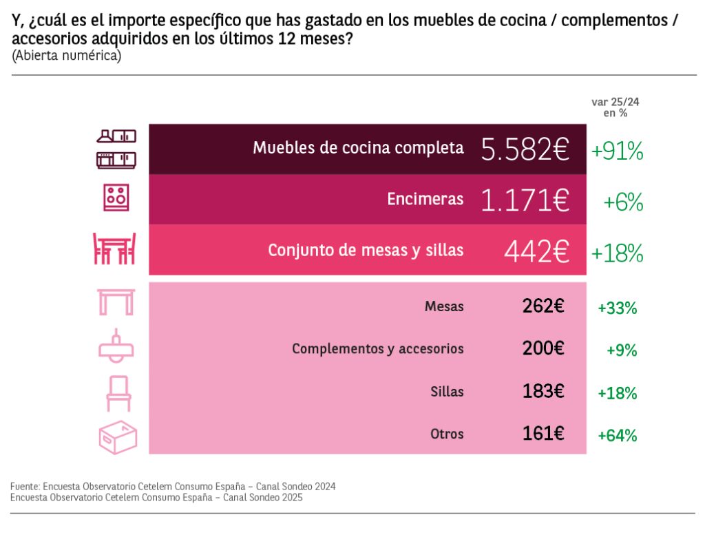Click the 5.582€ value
(525, 149)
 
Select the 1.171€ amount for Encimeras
(525, 200)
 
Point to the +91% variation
(617, 151)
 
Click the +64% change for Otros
(618, 435)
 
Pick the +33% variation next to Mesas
(618, 308)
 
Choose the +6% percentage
(623, 202)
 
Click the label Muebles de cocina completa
(358, 147)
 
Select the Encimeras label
(425, 199)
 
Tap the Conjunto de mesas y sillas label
(366, 250)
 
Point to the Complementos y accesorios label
(377, 348)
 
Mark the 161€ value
(543, 434)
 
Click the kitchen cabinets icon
(116, 149)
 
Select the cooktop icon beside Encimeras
(116, 198)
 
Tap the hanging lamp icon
(116, 346)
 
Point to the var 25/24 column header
(610, 107)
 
